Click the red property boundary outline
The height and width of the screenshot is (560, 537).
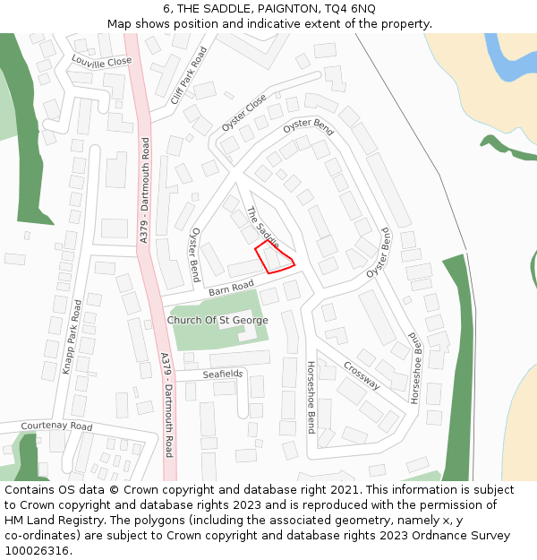(x=275, y=257)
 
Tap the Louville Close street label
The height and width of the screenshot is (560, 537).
(x=101, y=61)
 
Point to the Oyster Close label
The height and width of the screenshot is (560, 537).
(x=244, y=113)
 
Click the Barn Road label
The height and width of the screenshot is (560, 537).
(x=231, y=289)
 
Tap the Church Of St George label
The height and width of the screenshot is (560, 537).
(x=217, y=320)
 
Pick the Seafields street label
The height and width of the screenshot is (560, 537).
(x=222, y=374)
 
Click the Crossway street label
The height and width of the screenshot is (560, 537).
(x=362, y=376)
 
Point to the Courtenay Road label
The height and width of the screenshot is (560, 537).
(x=56, y=426)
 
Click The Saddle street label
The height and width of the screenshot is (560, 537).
(x=262, y=228)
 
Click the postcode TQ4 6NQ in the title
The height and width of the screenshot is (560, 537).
(x=350, y=9)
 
